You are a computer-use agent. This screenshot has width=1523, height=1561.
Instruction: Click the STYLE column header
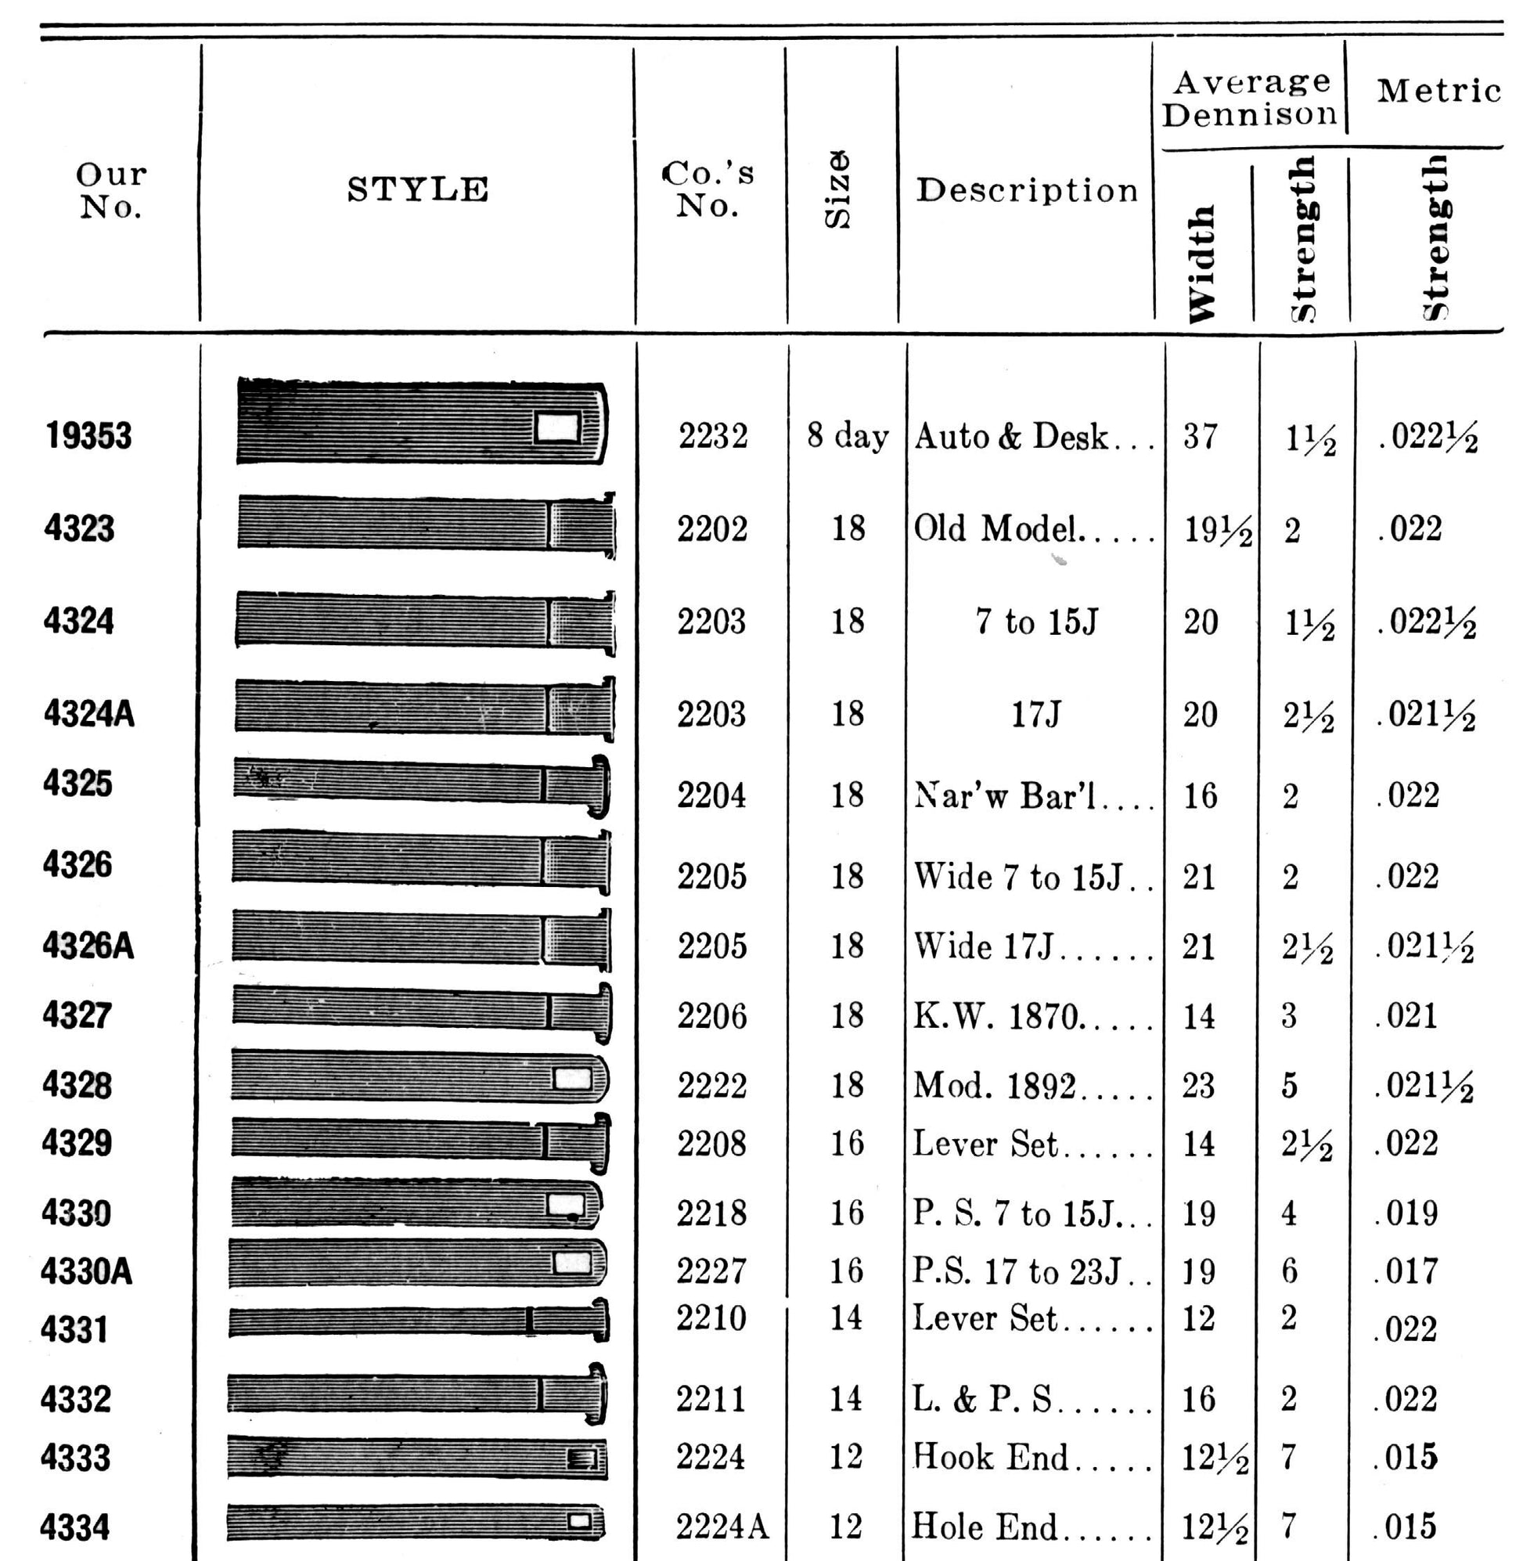[x=418, y=189]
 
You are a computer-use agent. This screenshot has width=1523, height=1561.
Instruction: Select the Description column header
[x=1027, y=190]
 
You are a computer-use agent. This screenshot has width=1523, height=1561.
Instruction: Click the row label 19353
[x=88, y=436]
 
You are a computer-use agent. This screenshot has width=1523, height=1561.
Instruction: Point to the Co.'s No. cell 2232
[x=713, y=437]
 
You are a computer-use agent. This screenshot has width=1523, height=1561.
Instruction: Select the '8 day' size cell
[x=847, y=437]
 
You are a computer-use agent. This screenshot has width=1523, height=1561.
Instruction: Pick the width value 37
[x=1201, y=437]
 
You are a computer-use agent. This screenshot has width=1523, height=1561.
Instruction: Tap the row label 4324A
[x=88, y=714]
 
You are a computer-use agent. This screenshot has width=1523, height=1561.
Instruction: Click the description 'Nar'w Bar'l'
[x=1006, y=796]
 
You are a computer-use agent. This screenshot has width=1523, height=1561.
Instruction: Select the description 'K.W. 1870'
[x=999, y=1017]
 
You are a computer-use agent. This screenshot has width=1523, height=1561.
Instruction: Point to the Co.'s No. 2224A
[x=722, y=1527]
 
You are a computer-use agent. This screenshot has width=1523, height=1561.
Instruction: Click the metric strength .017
[x=1408, y=1271]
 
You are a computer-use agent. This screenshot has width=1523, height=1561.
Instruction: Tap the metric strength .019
[x=1408, y=1213]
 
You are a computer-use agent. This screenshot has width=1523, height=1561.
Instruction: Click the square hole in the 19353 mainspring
[x=557, y=427]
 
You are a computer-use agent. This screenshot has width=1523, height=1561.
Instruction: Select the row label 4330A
[x=86, y=1271]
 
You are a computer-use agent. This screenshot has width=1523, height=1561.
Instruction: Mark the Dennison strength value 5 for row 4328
[x=1290, y=1087]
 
